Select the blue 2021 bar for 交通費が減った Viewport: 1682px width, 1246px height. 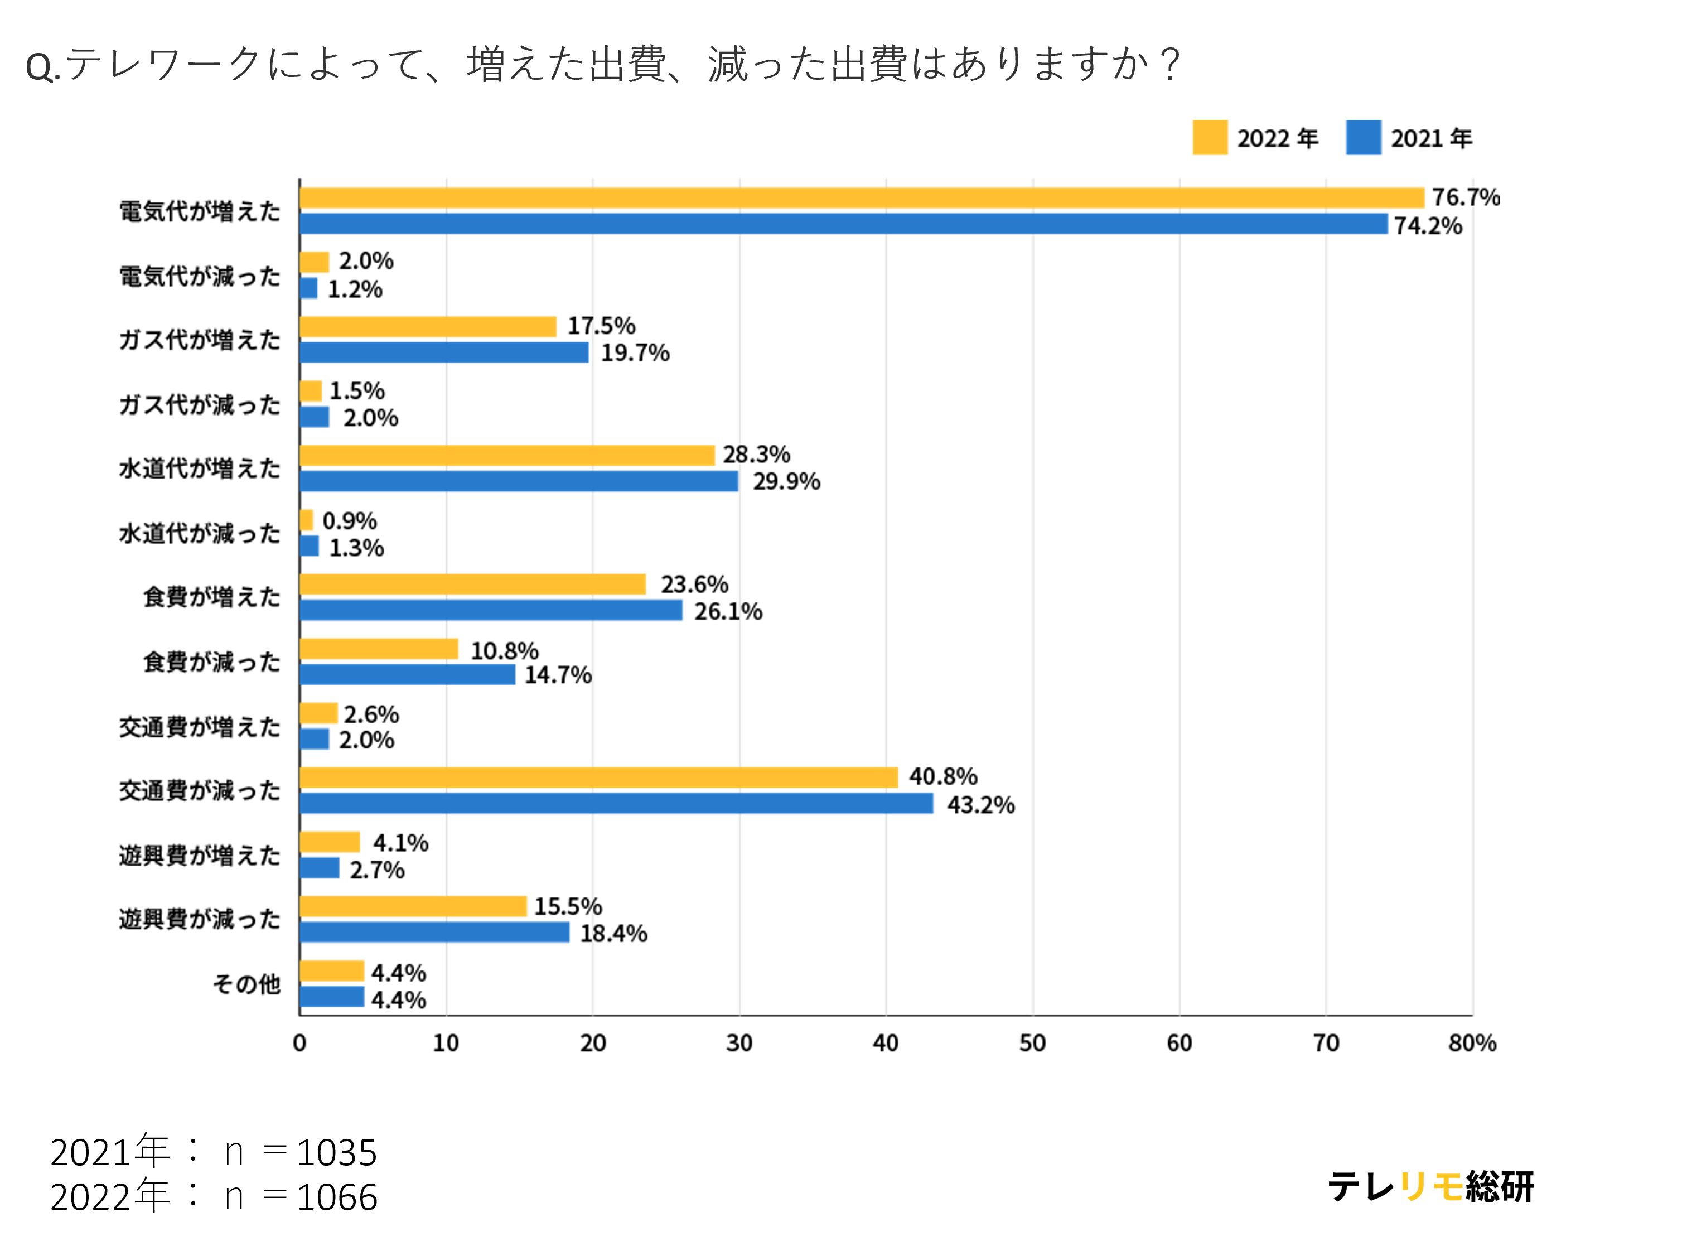(616, 803)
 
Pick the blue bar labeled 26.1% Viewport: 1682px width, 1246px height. (491, 610)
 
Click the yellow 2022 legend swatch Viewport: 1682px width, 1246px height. (1210, 137)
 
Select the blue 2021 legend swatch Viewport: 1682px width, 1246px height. (1364, 137)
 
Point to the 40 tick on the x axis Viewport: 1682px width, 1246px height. (886, 1043)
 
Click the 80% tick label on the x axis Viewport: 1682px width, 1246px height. (1472, 1043)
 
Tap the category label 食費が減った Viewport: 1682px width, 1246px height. (212, 661)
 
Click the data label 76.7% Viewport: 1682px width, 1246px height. (1466, 197)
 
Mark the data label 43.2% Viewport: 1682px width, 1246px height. (980, 805)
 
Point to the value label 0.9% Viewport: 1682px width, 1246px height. (349, 520)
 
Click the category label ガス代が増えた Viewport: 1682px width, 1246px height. (199, 340)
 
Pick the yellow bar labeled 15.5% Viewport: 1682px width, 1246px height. (413, 906)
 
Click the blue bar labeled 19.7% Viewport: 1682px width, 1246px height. (443, 352)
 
